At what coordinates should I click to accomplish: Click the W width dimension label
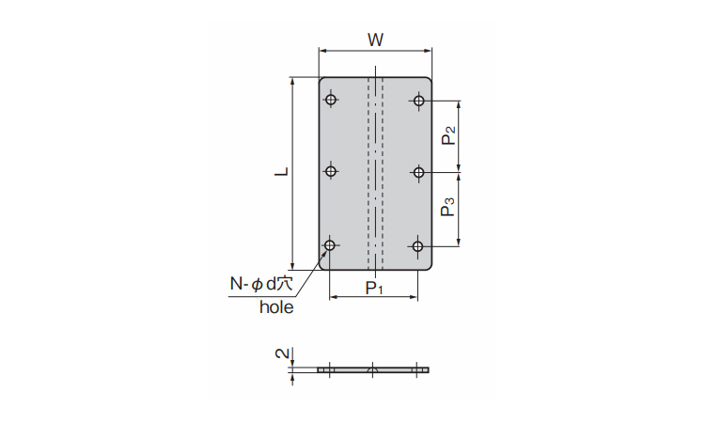pyautogui.click(x=375, y=40)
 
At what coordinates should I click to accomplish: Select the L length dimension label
pyautogui.click(x=282, y=171)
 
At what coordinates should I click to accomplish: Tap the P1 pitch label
pyautogui.click(x=374, y=288)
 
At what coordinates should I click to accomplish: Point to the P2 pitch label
pyautogui.click(x=448, y=135)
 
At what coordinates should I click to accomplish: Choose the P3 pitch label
pyautogui.click(x=448, y=207)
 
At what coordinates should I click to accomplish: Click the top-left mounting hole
pyautogui.click(x=331, y=99)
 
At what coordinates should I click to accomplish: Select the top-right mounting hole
pyautogui.click(x=419, y=101)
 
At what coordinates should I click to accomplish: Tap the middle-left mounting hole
pyautogui.click(x=331, y=171)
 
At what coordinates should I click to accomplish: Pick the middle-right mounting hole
pyautogui.click(x=419, y=172)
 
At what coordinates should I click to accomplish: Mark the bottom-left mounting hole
pyautogui.click(x=330, y=245)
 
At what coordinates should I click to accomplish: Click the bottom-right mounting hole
pyautogui.click(x=417, y=246)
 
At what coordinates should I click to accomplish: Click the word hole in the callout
pyautogui.click(x=276, y=307)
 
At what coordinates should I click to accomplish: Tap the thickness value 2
pyautogui.click(x=282, y=353)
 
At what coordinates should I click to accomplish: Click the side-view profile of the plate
pyautogui.click(x=373, y=370)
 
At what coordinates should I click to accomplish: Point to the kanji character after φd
pyautogui.click(x=286, y=284)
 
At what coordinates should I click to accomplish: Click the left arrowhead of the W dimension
pyautogui.click(x=322, y=51)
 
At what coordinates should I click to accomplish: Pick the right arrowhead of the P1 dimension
pyautogui.click(x=414, y=297)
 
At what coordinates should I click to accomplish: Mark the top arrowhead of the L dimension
pyautogui.click(x=292, y=82)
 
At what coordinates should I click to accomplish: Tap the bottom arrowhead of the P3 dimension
pyautogui.click(x=459, y=242)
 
